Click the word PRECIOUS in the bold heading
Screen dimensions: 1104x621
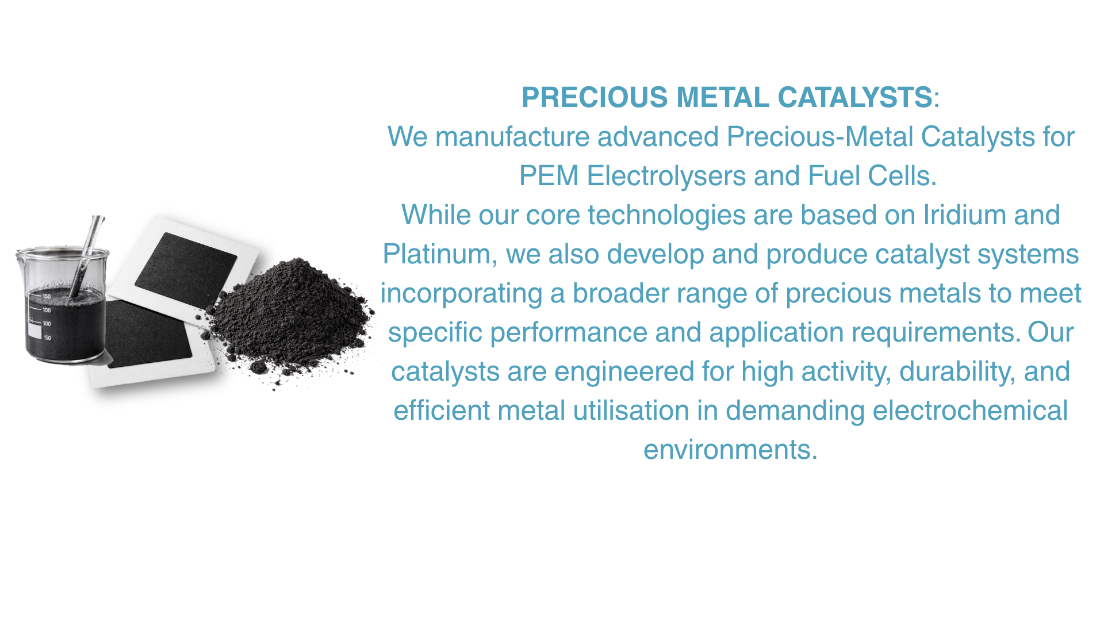tap(595, 97)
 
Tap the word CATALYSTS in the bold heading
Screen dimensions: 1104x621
tap(854, 97)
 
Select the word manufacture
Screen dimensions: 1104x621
tap(512, 137)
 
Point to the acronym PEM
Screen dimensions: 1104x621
tap(549, 176)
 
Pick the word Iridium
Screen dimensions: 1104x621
tap(964, 215)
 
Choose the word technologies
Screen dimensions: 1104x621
tap(666, 216)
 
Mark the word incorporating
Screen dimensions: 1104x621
tap(461, 294)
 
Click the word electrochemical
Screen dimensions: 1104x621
tap(970, 411)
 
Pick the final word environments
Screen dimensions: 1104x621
tap(730, 450)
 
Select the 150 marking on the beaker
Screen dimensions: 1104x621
tap(47, 296)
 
